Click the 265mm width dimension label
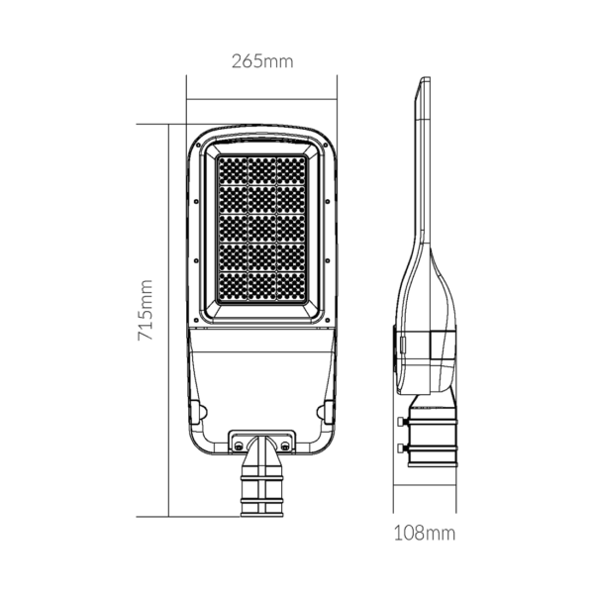coord(262,61)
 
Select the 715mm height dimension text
coord(146,310)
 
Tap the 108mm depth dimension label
coord(425,533)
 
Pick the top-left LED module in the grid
coord(233,171)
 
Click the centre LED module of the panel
coord(261,229)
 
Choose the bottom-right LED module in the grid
coord(291,287)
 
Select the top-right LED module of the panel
coord(291,171)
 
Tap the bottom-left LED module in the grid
coord(233,287)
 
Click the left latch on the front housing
coord(198,412)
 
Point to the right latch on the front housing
coord(326,412)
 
